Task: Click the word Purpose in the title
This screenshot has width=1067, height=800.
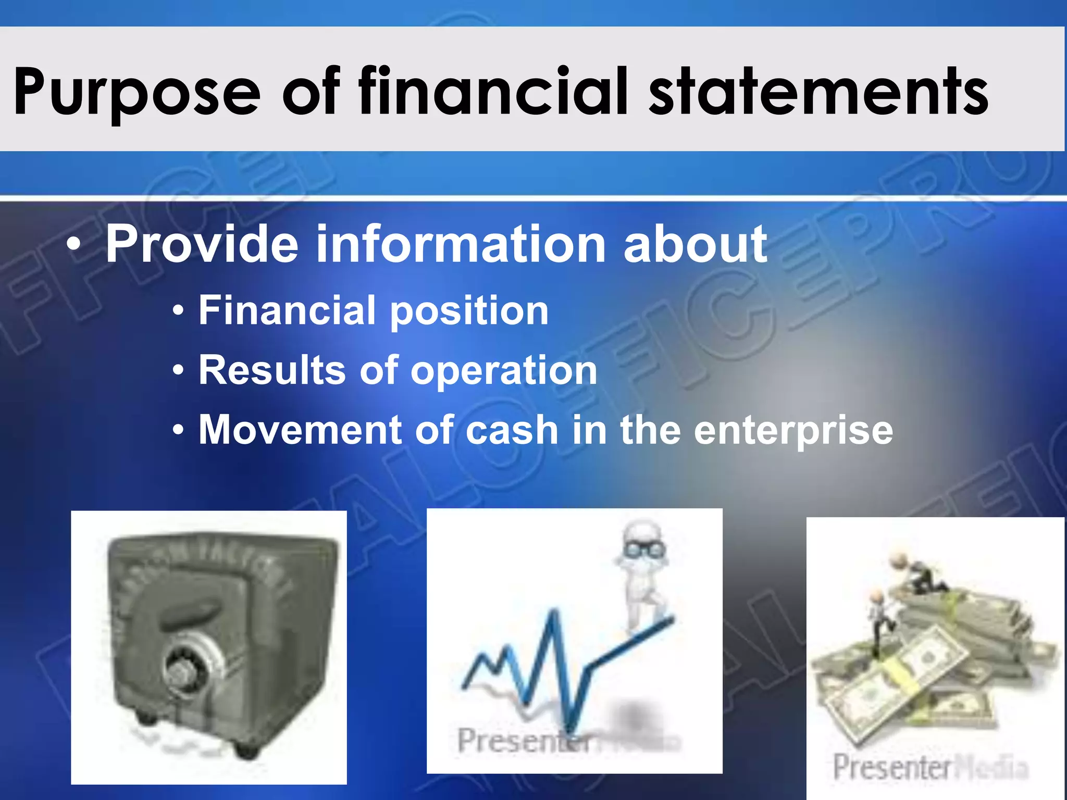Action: coord(137,93)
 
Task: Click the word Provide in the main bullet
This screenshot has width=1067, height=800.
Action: coord(202,244)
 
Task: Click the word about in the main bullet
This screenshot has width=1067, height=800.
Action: coord(695,244)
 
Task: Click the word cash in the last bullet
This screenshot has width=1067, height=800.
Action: coord(512,430)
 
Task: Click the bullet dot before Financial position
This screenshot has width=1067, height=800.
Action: coord(178,311)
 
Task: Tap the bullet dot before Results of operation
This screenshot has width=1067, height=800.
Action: coord(178,371)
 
